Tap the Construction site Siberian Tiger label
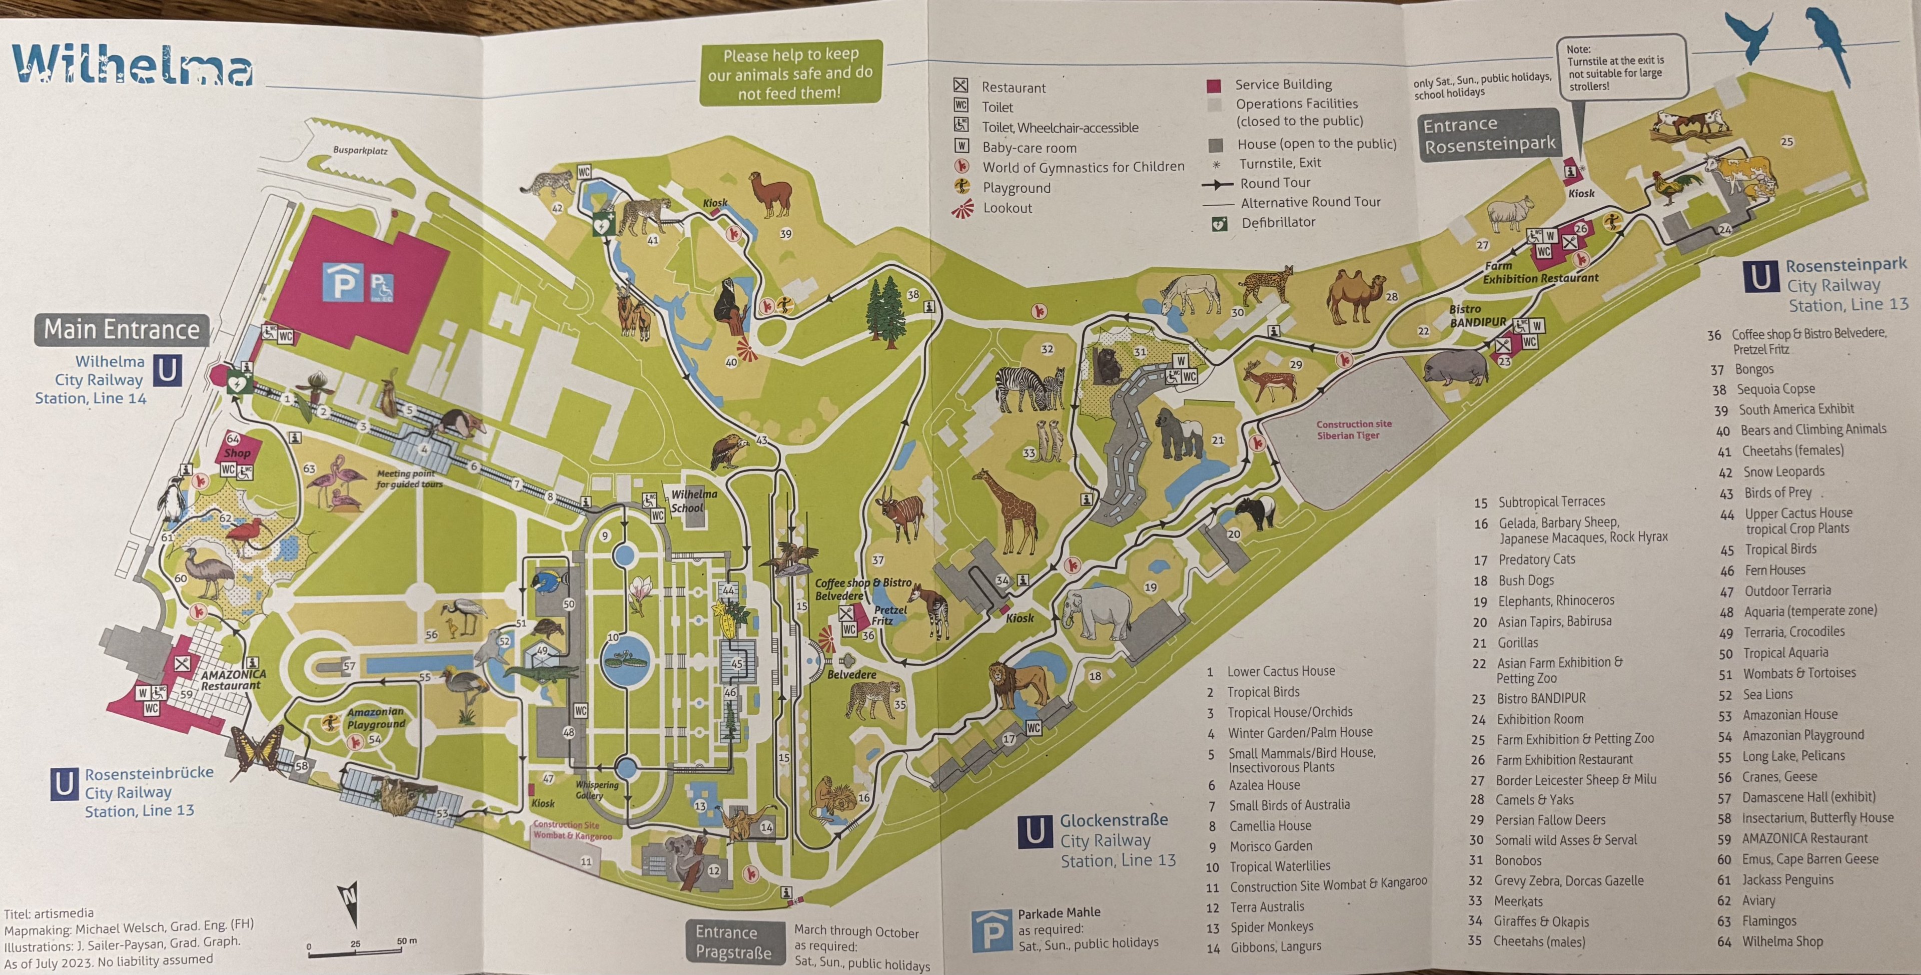(x=1354, y=429)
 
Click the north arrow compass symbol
(x=348, y=899)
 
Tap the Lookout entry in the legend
(x=1007, y=208)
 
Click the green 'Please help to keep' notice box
(x=790, y=73)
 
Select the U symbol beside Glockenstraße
(x=1035, y=832)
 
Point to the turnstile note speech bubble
(x=1621, y=67)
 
